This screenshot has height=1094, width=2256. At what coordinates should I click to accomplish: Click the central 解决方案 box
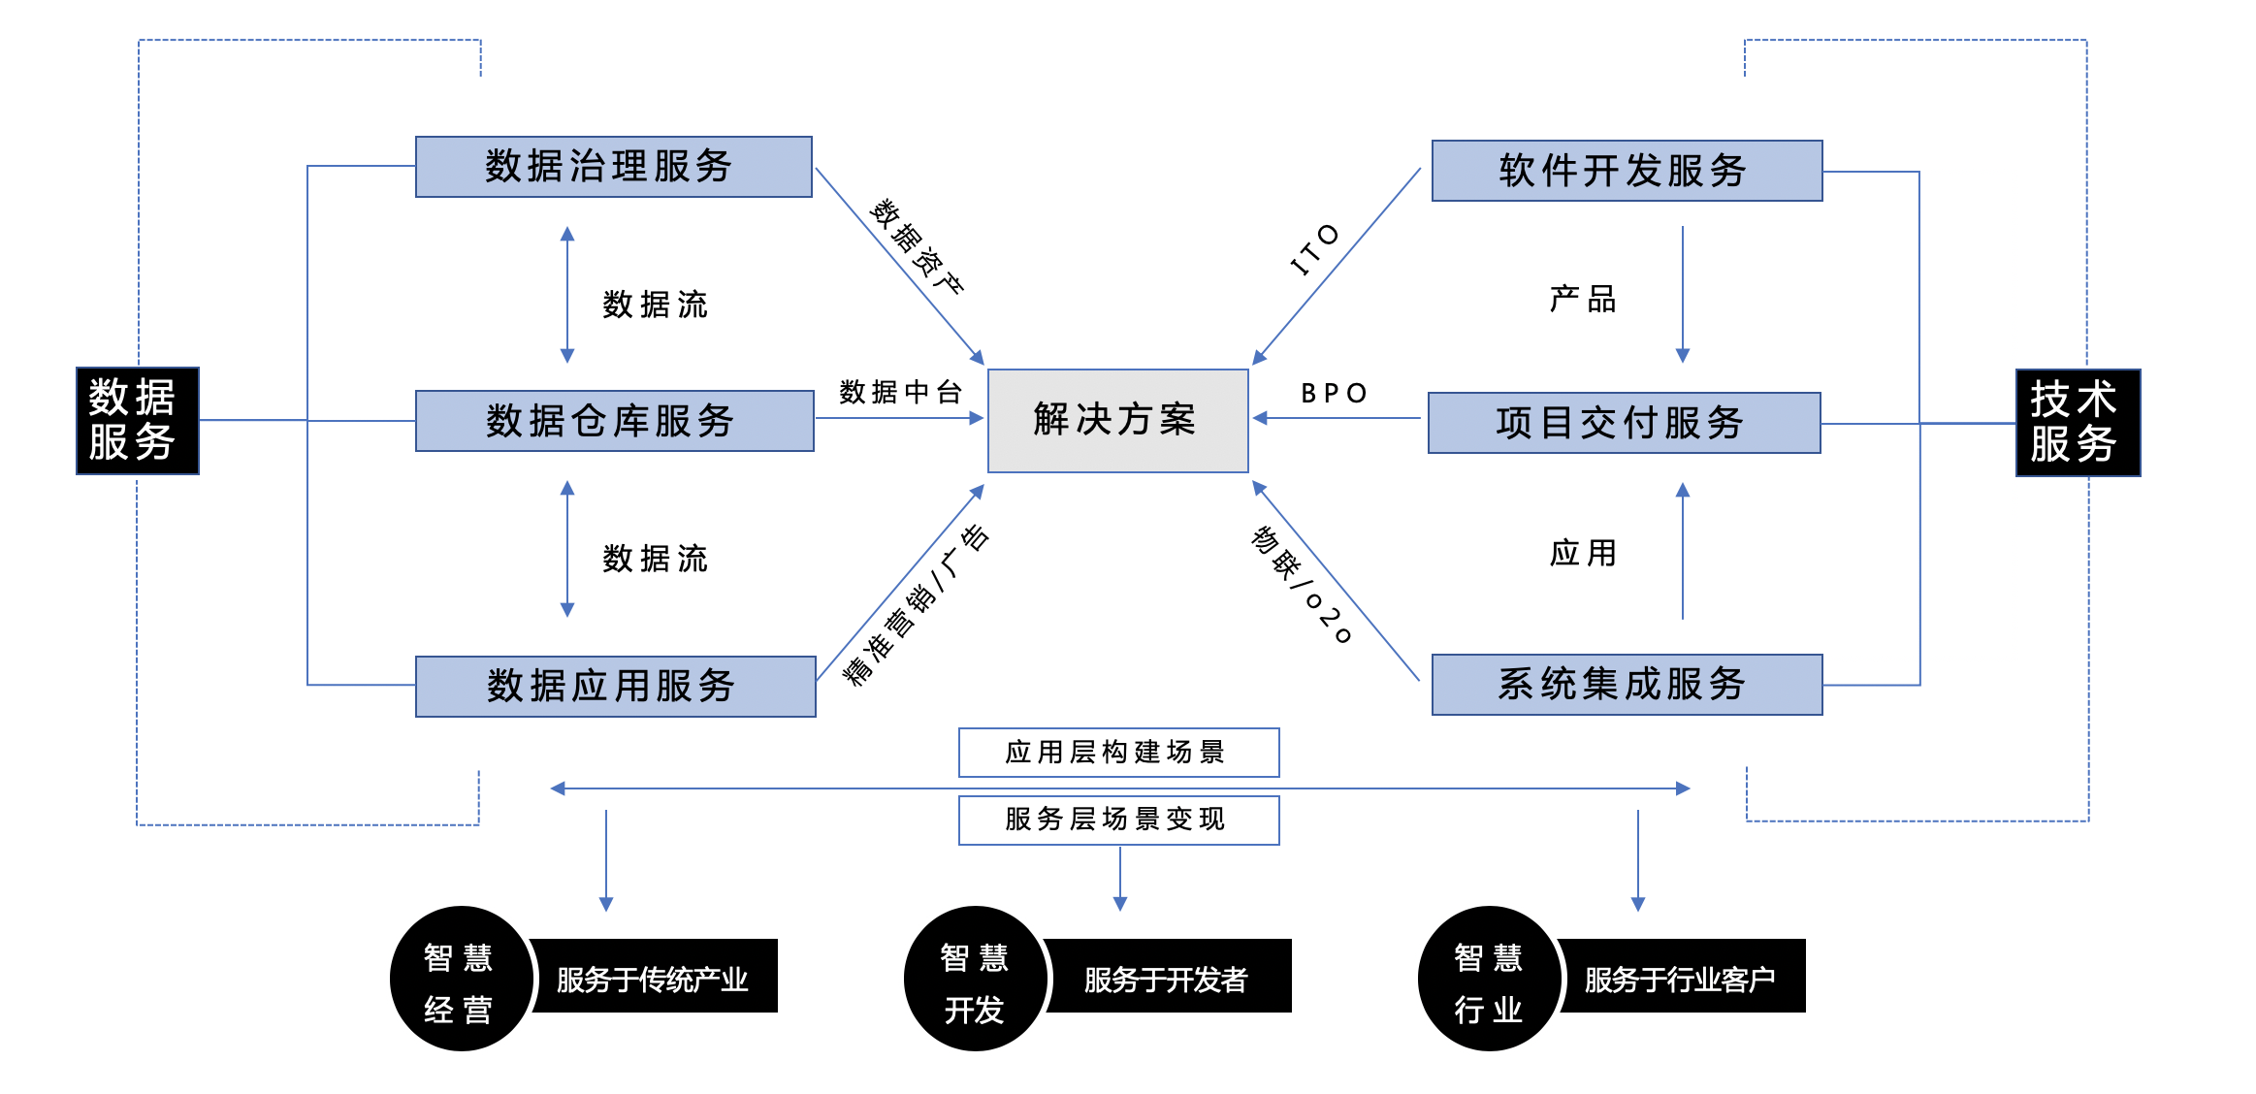[1117, 420]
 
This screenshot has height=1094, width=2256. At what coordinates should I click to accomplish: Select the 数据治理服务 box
[613, 167]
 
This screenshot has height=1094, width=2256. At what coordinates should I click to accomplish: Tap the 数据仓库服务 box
[614, 421]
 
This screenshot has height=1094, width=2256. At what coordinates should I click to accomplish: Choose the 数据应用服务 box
[615, 687]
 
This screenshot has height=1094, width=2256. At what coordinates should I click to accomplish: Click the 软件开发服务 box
[1627, 171]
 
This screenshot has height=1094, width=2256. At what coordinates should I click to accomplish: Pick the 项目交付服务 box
[1624, 423]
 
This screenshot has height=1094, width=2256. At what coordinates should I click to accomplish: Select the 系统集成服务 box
[1627, 685]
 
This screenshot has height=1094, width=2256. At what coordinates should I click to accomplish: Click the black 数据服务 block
[137, 421]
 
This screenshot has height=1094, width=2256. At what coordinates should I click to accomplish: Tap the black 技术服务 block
[2078, 423]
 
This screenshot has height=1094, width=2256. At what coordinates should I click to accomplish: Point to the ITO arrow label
[1315, 250]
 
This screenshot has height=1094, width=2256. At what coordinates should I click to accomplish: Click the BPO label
[1335, 393]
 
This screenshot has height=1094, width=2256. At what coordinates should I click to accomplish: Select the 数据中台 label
[900, 392]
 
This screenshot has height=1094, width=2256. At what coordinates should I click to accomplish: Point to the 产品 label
[1583, 299]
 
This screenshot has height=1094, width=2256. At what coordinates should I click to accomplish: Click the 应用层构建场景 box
[1118, 753]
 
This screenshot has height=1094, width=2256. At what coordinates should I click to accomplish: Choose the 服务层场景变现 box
[1118, 820]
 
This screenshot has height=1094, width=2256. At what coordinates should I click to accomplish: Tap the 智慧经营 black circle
[461, 979]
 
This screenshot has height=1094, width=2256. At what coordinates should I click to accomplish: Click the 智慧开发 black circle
[975, 979]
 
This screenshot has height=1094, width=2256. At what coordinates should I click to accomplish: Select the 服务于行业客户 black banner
[1681, 977]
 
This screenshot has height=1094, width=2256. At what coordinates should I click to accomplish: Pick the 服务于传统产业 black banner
[654, 977]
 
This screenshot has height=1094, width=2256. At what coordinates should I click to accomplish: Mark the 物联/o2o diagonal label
[1301, 585]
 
